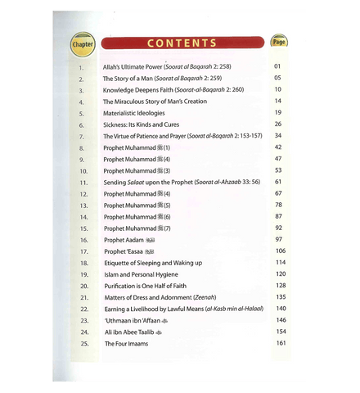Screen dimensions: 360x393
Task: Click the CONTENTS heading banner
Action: (x=181, y=43)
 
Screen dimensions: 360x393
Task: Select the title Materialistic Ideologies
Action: (x=134, y=112)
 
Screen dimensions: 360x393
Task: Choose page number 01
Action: (x=278, y=66)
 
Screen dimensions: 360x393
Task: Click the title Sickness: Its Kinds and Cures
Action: (x=142, y=124)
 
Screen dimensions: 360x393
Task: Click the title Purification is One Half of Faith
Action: (x=149, y=286)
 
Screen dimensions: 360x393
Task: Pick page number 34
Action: (x=278, y=135)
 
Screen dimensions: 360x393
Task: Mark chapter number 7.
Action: (x=83, y=135)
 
